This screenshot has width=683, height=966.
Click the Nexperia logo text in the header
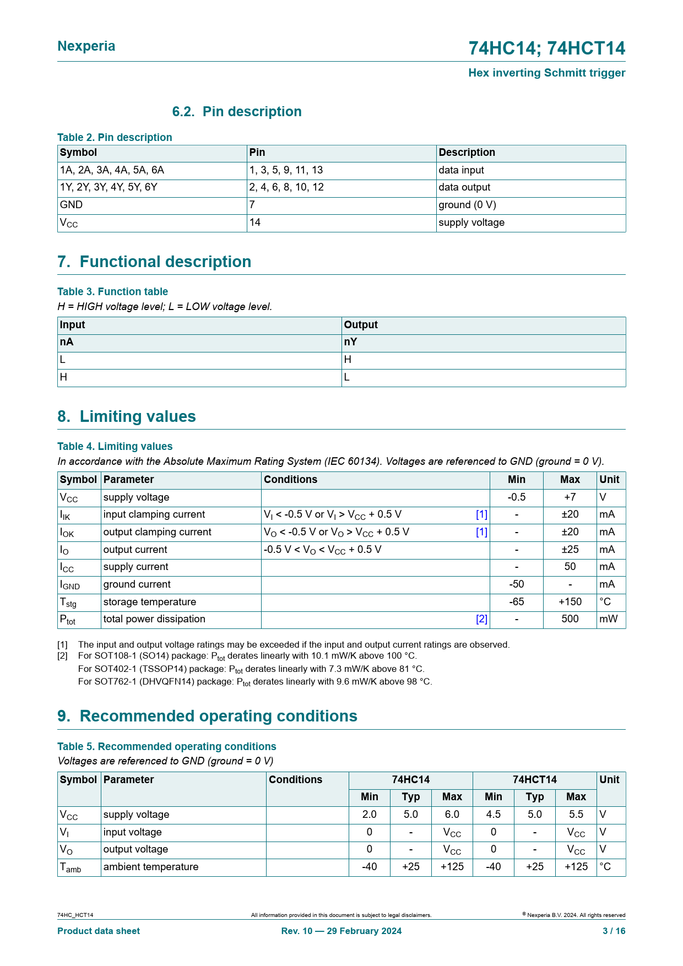click(86, 46)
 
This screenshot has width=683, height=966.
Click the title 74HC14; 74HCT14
click(546, 48)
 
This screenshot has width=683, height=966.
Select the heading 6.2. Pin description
click(237, 112)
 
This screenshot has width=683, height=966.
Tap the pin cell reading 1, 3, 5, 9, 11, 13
click(286, 170)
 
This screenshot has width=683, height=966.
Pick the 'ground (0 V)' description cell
click(467, 205)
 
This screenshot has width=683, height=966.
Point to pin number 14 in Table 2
click(254, 222)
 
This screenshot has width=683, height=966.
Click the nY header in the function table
click(350, 342)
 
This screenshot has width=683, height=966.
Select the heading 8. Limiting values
click(127, 416)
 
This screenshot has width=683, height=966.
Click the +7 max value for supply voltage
click(570, 497)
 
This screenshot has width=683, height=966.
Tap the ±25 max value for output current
click(570, 550)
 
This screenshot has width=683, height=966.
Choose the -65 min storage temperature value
click(516, 602)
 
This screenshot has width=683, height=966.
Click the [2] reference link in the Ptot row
click(481, 619)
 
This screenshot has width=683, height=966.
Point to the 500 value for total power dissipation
click(570, 619)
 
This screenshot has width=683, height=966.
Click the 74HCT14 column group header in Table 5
click(534, 780)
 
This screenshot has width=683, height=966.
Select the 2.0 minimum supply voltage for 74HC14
click(369, 815)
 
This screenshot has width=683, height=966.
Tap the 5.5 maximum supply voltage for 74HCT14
click(576, 815)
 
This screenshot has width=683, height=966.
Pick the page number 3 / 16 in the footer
click(614, 931)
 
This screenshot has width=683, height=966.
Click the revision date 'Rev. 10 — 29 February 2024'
click(341, 931)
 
